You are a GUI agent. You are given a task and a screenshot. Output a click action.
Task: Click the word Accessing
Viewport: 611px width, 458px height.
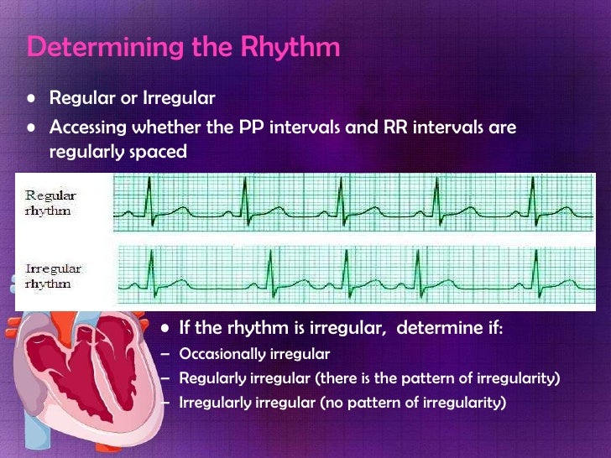click(x=94, y=128)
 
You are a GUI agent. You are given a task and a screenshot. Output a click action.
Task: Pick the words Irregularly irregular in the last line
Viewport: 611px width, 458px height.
click(x=248, y=403)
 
